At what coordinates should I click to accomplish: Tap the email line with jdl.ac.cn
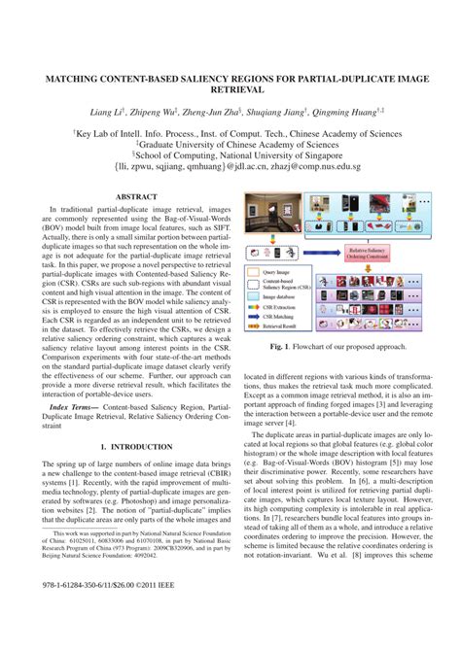[x=230, y=166]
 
